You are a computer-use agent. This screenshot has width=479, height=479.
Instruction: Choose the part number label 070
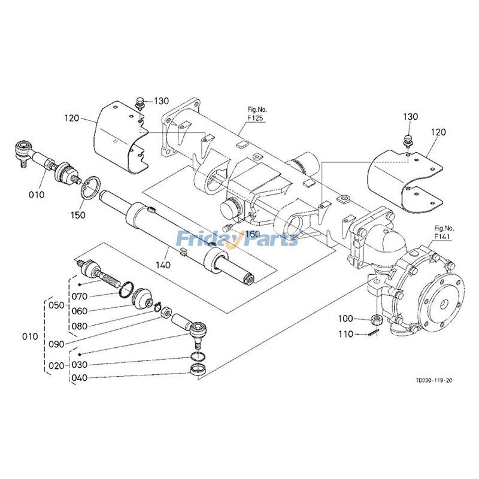pos(80,296)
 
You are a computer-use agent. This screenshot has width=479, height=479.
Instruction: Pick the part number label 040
pos(80,378)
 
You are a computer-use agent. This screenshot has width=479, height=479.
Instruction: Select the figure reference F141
pos(441,233)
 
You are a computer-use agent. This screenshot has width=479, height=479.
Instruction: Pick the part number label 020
pos(56,365)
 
